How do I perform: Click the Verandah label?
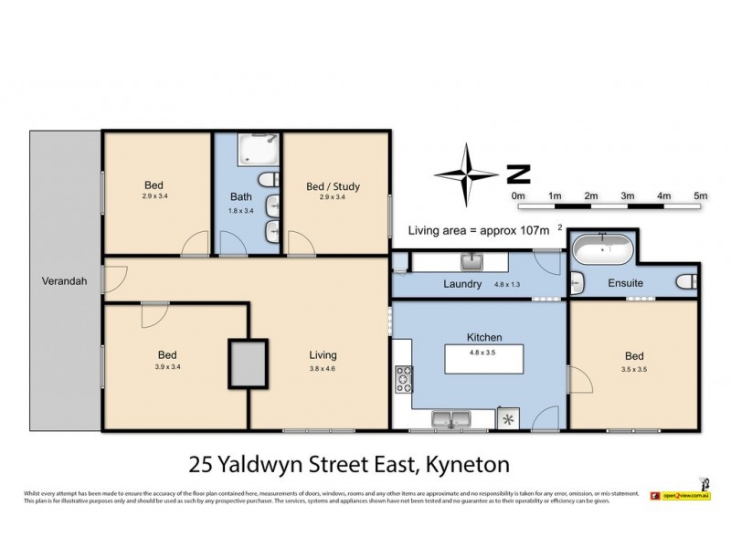[63, 281]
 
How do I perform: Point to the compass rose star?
[471, 173]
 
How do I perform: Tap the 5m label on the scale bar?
[701, 195]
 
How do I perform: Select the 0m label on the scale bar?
[518, 195]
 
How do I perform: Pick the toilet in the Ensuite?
[687, 283]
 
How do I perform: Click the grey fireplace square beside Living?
[248, 364]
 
